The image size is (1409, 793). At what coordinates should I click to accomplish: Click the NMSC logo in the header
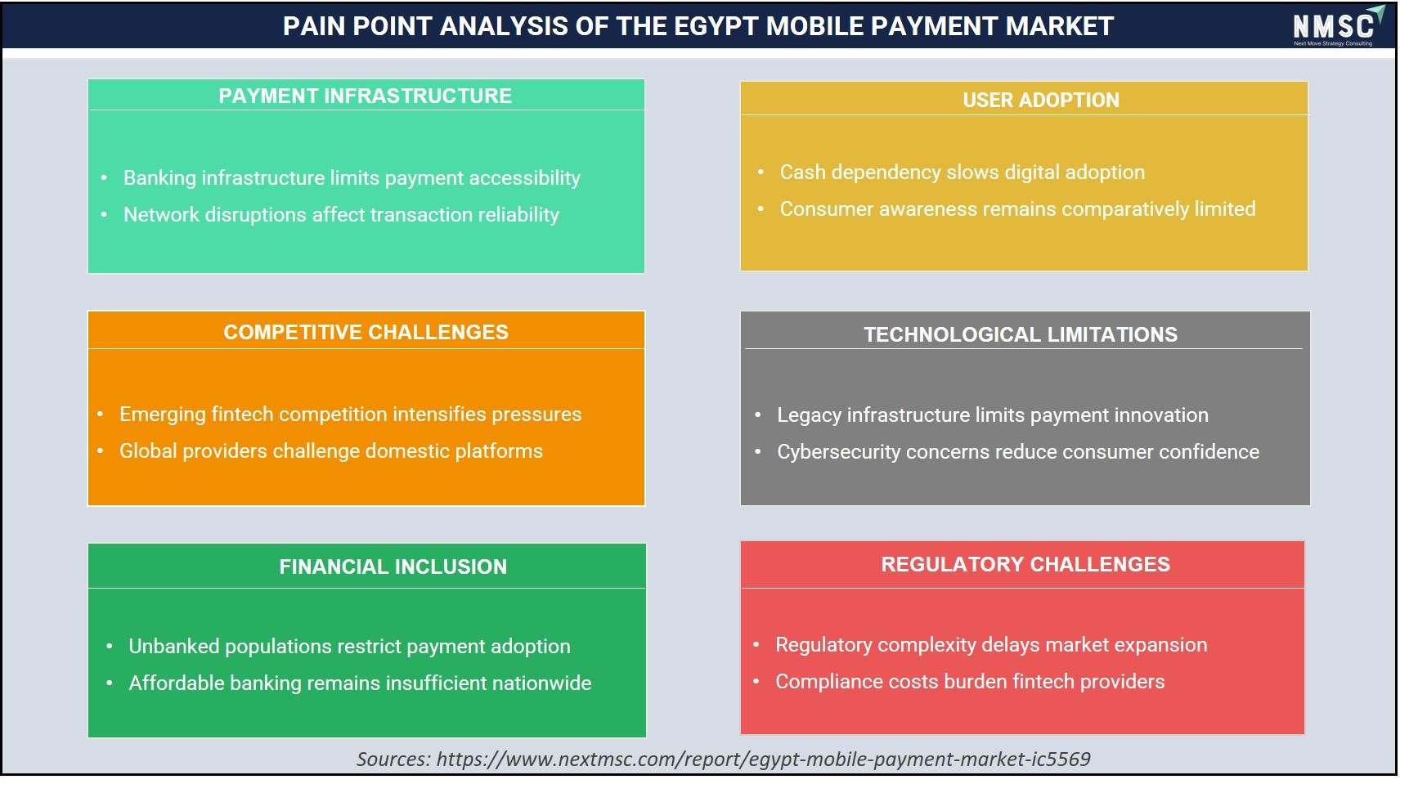click(1337, 26)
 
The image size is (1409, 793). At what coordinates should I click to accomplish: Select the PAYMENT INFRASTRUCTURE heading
click(365, 96)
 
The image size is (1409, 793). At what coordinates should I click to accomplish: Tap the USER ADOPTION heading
click(1041, 100)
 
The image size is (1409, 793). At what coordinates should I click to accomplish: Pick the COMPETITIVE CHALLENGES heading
click(366, 332)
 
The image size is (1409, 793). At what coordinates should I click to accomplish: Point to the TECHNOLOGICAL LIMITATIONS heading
click(1021, 334)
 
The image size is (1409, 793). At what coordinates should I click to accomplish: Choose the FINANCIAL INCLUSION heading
click(393, 567)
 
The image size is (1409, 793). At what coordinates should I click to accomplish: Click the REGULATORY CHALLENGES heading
click(1025, 564)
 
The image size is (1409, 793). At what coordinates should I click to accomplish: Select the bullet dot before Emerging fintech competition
click(100, 414)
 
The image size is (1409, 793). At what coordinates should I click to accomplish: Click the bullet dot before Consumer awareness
click(761, 209)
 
